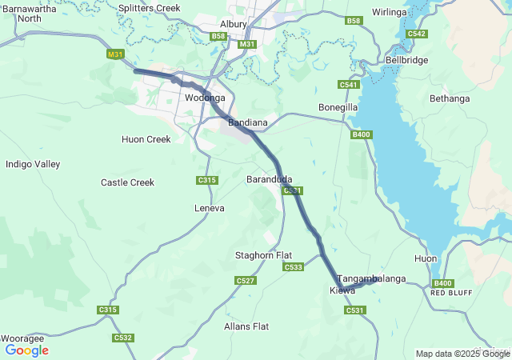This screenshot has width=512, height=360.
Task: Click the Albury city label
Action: pos(234,24)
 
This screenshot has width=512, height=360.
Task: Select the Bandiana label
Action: pos(247,123)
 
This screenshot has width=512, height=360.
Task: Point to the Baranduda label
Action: pos(270,178)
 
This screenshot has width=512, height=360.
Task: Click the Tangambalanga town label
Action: pos(372,278)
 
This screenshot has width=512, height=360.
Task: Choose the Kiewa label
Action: pos(342,290)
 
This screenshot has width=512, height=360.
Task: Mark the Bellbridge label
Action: pos(407,60)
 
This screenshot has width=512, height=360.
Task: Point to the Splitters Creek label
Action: pos(149,8)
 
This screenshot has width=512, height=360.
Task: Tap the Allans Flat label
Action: pos(246,326)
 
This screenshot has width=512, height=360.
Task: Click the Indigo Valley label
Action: pos(33,164)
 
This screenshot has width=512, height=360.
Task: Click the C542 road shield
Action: pos(416,34)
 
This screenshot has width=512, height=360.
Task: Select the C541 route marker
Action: pos(348,85)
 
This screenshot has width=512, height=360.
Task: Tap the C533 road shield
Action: pos(293,266)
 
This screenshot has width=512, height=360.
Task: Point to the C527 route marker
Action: pos(246,280)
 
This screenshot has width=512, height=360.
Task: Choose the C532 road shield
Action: pos(122,338)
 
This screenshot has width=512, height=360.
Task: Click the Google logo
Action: pos(27,350)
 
